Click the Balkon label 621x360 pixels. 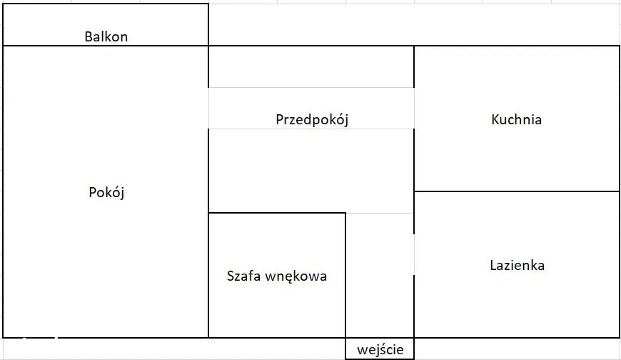[x=106, y=36]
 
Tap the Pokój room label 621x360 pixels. [x=107, y=192]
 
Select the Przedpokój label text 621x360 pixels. [x=311, y=119]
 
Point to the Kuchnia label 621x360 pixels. [x=516, y=119]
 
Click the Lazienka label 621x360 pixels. [x=517, y=265]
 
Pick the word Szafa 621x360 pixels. [x=243, y=276]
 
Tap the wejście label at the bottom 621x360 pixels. [x=380, y=349]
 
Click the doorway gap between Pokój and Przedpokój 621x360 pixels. [x=208, y=108]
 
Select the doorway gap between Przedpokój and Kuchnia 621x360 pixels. [x=414, y=108]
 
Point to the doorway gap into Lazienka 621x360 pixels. [x=414, y=254]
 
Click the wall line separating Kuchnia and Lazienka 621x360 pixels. [x=517, y=191]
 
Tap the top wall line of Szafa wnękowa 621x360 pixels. [x=277, y=213]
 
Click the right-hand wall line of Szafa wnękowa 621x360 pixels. [x=345, y=275]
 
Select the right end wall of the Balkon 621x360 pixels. [x=208, y=25]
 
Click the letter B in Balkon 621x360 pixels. [x=88, y=36]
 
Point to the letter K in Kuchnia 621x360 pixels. [x=495, y=119]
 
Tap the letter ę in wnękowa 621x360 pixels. [x=289, y=276]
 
